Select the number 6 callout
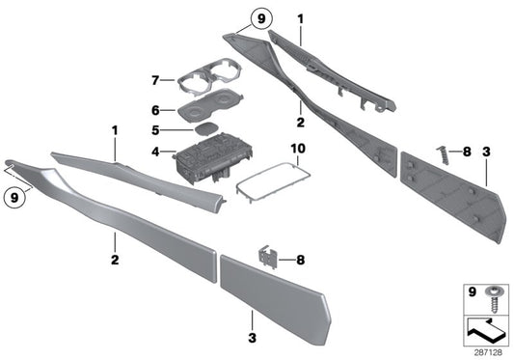tap(156, 111)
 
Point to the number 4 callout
tap(156, 151)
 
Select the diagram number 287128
tap(488, 352)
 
